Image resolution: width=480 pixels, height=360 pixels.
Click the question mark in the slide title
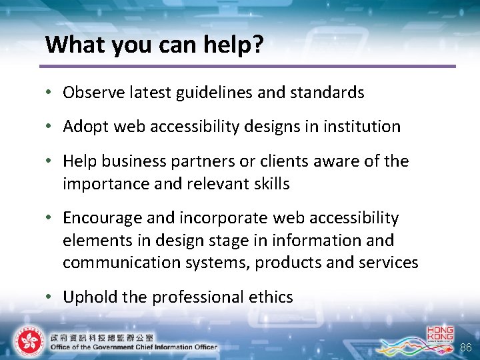tap(257, 45)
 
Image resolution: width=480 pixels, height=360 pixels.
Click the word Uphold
tap(85, 297)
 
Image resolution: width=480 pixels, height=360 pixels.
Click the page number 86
tap(465, 347)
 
